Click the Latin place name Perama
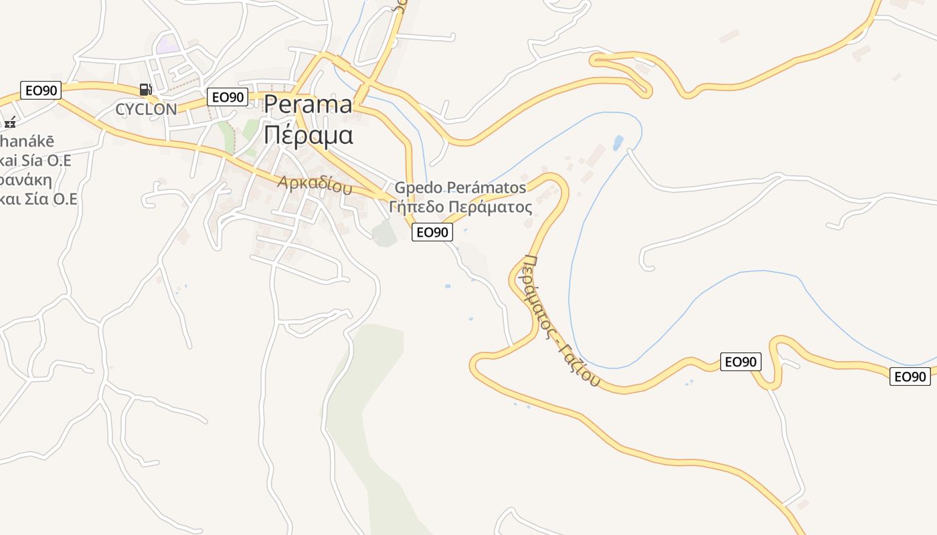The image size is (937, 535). tap(308, 104)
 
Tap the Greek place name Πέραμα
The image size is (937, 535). tap(308, 134)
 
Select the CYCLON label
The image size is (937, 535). tap(146, 109)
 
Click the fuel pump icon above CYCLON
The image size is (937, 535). tap(145, 89)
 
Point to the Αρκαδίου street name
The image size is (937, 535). tap(315, 185)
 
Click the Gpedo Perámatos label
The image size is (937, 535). tap(460, 187)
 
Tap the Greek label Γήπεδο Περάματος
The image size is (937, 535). tap(460, 207)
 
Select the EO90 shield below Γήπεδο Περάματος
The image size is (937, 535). tap(432, 232)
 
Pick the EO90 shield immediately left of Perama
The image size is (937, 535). tap(228, 97)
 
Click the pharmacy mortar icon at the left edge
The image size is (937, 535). tap(9, 122)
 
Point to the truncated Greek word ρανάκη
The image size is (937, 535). tap(27, 181)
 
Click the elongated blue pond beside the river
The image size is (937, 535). tap(618, 142)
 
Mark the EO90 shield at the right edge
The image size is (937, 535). tap(910, 377)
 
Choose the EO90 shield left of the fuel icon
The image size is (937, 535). tap(41, 90)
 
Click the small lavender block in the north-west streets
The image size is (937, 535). tap(167, 45)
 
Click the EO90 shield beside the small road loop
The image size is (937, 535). tap(741, 362)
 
